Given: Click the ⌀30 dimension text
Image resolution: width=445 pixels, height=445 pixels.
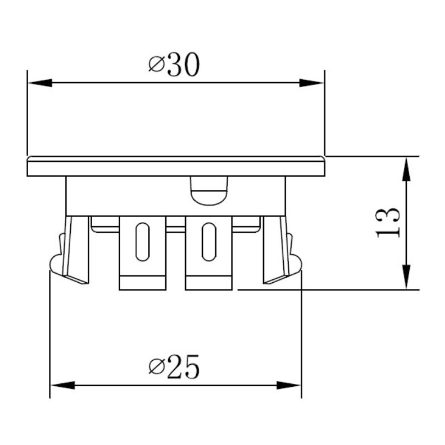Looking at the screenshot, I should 174,65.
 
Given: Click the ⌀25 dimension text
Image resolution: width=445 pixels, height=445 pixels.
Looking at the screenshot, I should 174,367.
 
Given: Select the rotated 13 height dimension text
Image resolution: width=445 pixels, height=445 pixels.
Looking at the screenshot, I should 388,222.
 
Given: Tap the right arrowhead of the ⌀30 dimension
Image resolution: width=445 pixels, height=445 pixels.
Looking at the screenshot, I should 311,83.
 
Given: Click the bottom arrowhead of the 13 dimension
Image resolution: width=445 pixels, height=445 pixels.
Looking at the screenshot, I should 406,277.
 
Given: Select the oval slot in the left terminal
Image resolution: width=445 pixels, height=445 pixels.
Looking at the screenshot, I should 143,242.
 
